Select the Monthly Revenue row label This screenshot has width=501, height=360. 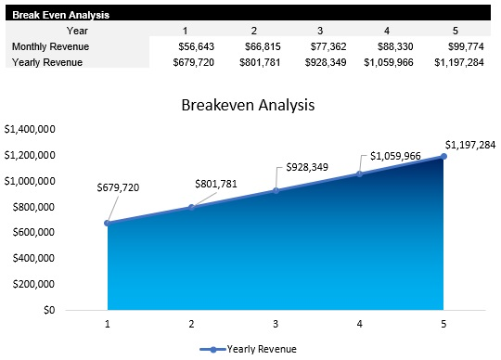point(51,46)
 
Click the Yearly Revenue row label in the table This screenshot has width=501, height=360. point(48,62)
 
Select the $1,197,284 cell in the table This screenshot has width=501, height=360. point(458,62)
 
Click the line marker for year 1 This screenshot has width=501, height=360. point(108,223)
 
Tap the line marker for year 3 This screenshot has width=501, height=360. point(276,190)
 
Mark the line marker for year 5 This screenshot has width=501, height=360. point(443,156)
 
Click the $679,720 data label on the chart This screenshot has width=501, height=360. point(118,188)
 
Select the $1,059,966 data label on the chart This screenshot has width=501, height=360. point(395,156)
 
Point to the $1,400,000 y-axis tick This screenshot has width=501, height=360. point(31,129)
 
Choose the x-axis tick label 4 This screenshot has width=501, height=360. point(359,324)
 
